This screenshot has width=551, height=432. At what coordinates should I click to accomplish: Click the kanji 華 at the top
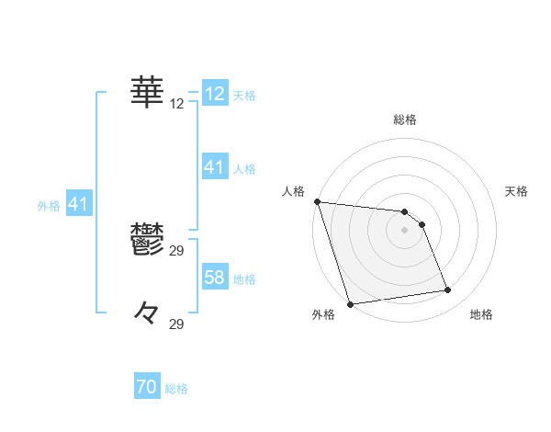coord(147,92)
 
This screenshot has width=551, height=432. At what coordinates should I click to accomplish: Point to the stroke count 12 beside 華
coord(177,104)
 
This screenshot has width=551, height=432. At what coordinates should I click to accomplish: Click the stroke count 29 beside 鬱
coord(177,251)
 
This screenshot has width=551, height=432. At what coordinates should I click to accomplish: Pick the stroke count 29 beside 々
coord(177,324)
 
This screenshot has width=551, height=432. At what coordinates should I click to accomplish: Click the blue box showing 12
coord(215,94)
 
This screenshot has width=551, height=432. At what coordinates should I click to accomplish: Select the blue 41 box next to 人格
coord(214,167)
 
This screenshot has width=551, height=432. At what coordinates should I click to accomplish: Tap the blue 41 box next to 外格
coord(78,204)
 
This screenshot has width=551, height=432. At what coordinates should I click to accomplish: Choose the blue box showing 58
coord(214,278)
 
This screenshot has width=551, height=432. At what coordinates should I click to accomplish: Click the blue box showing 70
coord(147,388)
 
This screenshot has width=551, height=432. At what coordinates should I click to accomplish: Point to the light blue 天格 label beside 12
coord(243,95)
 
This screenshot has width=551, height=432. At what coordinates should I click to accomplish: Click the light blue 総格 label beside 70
coord(176,389)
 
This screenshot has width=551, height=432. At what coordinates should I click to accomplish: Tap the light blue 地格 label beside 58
coord(243,279)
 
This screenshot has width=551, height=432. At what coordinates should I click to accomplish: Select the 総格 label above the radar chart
coord(404,119)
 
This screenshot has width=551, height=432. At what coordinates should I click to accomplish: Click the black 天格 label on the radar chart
coord(516,191)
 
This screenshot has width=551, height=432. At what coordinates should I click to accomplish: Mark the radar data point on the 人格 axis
coord(317,201)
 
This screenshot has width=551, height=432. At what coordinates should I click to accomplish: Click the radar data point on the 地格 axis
coord(448,290)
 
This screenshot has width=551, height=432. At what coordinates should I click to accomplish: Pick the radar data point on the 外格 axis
coord(350,304)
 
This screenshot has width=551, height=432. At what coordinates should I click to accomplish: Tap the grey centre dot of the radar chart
coord(404,230)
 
